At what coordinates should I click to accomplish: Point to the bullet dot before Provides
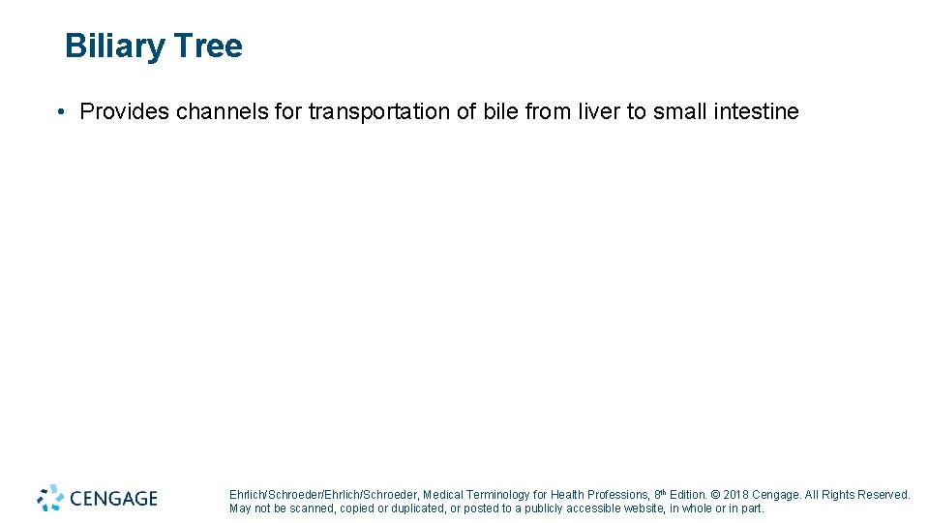pos(61,112)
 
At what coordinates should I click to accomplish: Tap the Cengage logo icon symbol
pos(50,498)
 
